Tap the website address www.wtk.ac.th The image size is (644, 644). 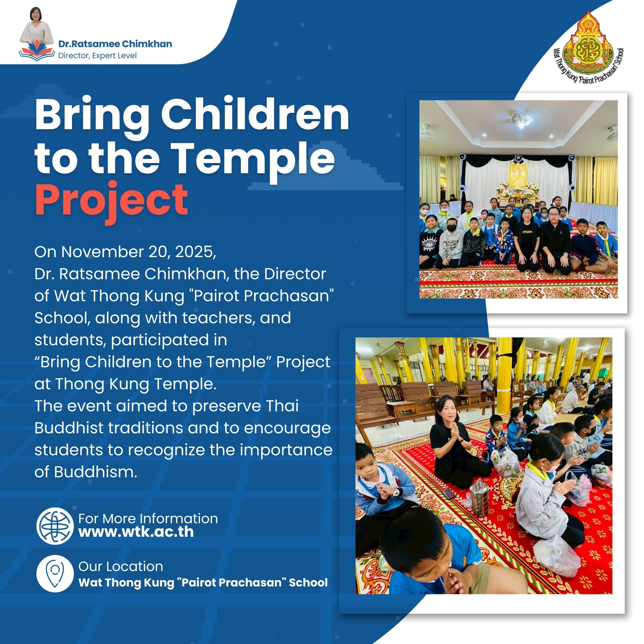click(x=136, y=532)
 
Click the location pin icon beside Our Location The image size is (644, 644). click(x=55, y=575)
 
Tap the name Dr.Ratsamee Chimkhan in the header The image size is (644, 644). click(x=115, y=44)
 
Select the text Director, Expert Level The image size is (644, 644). click(x=97, y=56)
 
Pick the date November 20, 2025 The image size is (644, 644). click(x=137, y=252)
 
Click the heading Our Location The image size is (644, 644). click(x=121, y=566)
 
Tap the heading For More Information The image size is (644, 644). click(x=148, y=519)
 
